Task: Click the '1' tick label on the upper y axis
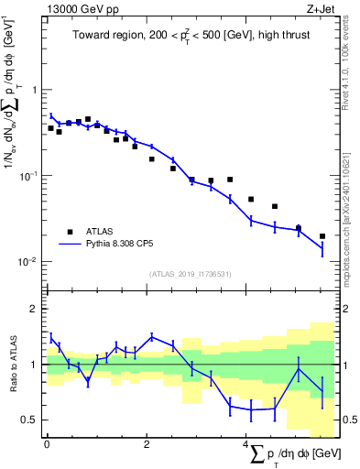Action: point(36,90)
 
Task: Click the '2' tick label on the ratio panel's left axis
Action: point(36,310)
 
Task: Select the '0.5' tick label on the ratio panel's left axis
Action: point(31,420)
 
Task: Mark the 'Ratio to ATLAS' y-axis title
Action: point(12,364)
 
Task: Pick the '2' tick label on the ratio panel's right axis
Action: point(343,310)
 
